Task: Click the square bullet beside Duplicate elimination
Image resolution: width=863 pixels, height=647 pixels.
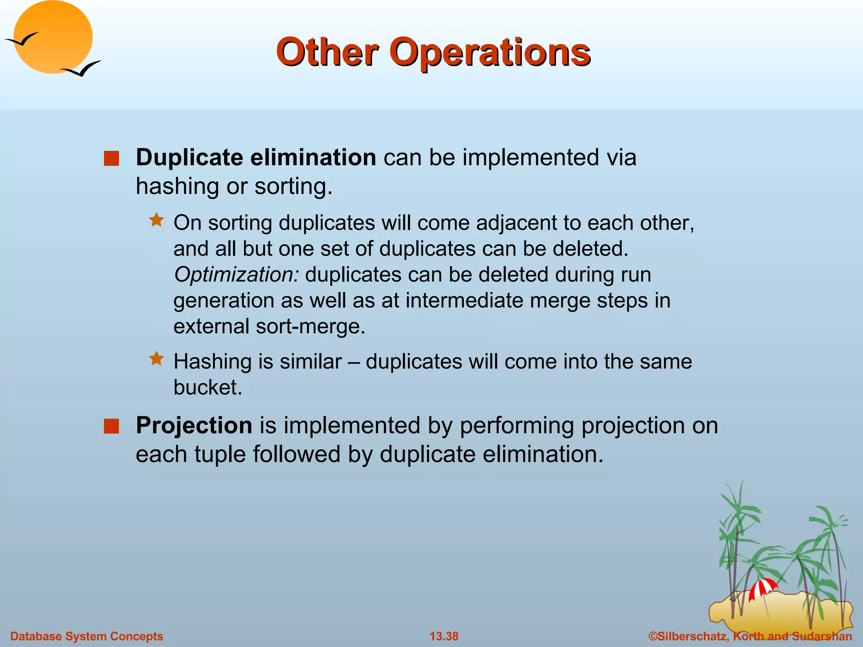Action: tap(111, 159)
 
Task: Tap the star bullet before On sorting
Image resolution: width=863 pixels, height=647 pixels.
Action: tap(156, 220)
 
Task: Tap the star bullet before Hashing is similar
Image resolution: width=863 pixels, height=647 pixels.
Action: tap(156, 358)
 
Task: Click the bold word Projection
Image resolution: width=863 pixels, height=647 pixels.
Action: tap(194, 425)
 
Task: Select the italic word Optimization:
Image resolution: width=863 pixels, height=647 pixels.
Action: tap(236, 275)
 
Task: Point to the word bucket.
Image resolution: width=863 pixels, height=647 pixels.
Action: tap(207, 388)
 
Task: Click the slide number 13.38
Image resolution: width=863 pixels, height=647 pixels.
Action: tap(444, 636)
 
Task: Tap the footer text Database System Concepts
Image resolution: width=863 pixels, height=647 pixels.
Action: tap(86, 636)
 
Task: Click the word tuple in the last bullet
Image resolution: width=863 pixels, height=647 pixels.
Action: tap(219, 455)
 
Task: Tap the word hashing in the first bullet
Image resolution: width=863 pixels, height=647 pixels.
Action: tap(177, 187)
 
